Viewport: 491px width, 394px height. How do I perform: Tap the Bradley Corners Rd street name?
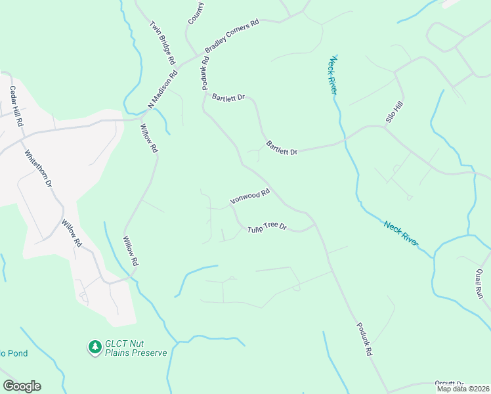232,36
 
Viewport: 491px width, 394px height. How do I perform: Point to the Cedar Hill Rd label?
15,106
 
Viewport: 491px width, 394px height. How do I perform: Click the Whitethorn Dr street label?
38,169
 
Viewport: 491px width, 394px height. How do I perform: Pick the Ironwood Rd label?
250,196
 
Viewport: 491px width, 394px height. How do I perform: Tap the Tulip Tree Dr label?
267,227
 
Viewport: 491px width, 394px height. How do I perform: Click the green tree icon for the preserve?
95,346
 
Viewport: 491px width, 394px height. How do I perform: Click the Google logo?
22,386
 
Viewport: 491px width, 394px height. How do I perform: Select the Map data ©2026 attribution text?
463,389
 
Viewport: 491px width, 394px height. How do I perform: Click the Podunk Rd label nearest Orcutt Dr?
365,339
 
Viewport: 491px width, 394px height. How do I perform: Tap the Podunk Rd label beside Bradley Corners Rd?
205,72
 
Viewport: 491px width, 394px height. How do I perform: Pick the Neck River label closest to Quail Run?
401,233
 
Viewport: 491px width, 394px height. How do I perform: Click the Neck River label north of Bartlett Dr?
333,76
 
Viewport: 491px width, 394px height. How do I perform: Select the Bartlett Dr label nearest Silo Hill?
282,148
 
